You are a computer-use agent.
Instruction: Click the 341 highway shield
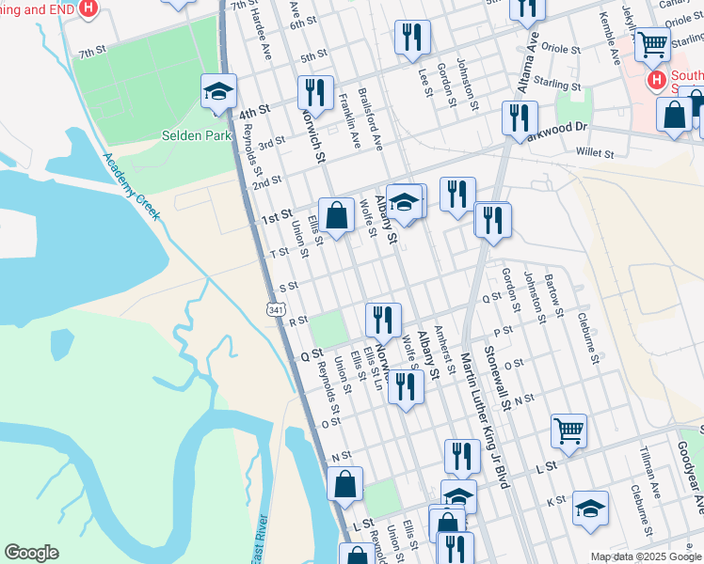pos(277,309)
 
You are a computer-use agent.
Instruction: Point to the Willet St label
pos(595,151)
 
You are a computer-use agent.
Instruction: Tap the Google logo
pos(31,553)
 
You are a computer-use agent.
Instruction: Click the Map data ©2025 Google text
pos(646,556)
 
